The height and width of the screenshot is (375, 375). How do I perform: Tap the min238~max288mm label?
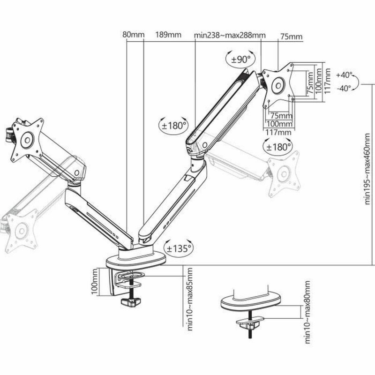[230, 35]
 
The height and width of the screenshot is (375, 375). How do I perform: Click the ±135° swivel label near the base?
[177, 248]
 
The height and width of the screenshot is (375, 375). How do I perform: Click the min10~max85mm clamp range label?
[190, 300]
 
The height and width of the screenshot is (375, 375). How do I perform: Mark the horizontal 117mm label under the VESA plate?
[278, 132]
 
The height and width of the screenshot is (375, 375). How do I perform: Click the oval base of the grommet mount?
[252, 302]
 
